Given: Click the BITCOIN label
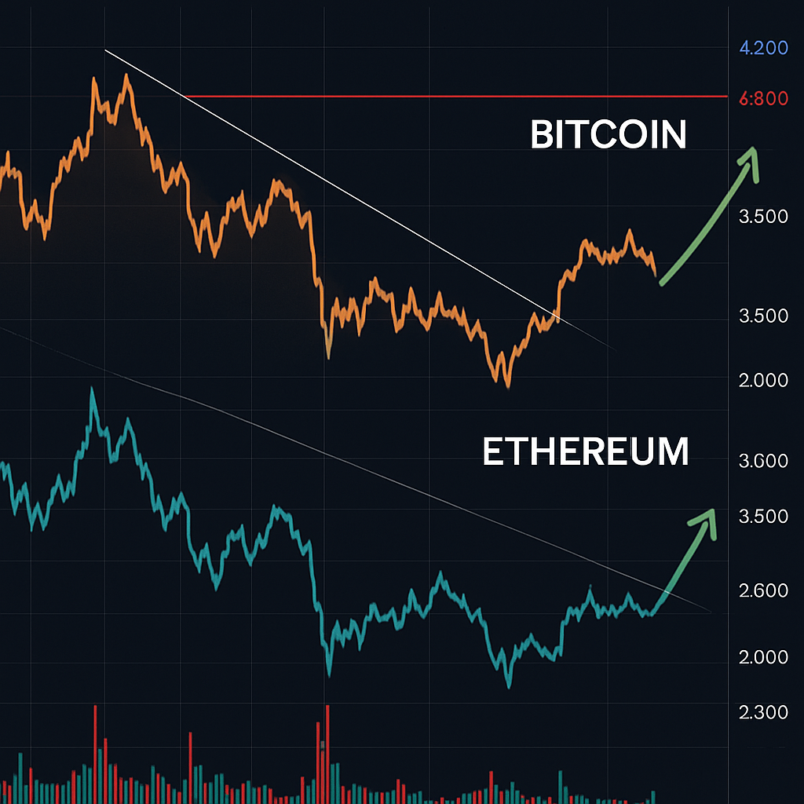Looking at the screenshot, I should coord(608,135).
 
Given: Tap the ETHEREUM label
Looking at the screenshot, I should coord(585,453).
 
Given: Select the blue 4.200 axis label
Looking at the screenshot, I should coord(764,48).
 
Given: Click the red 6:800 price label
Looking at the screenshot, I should coord(764,99).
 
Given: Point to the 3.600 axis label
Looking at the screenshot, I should coord(763,460).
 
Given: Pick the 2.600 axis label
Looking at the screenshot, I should coord(763,590).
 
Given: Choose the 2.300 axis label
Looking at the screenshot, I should coord(763,712).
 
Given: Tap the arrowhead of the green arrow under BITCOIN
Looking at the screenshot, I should coord(753,157).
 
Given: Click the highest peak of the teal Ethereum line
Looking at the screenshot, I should coord(93,389).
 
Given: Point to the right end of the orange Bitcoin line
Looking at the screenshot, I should coord(656,272).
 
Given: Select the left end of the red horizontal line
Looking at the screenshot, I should coord(185,97).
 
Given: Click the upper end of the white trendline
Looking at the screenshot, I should coord(106,51).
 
